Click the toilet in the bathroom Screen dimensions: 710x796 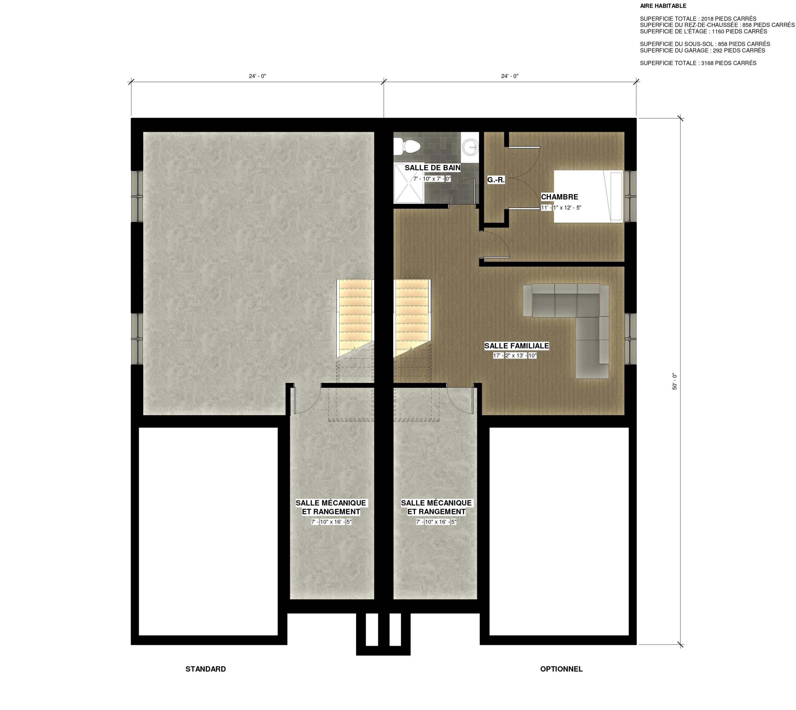click(x=407, y=147)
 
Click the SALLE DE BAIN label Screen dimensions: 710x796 click(x=432, y=168)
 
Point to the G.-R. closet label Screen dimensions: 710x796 click(x=496, y=180)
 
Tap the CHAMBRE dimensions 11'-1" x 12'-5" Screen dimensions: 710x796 click(x=561, y=208)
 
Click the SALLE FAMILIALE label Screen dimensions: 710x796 click(x=516, y=346)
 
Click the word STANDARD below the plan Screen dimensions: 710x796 click(x=206, y=669)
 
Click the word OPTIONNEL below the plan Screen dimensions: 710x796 click(x=561, y=669)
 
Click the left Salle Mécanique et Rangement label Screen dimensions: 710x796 click(x=331, y=507)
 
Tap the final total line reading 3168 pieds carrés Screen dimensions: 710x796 click(x=698, y=63)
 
